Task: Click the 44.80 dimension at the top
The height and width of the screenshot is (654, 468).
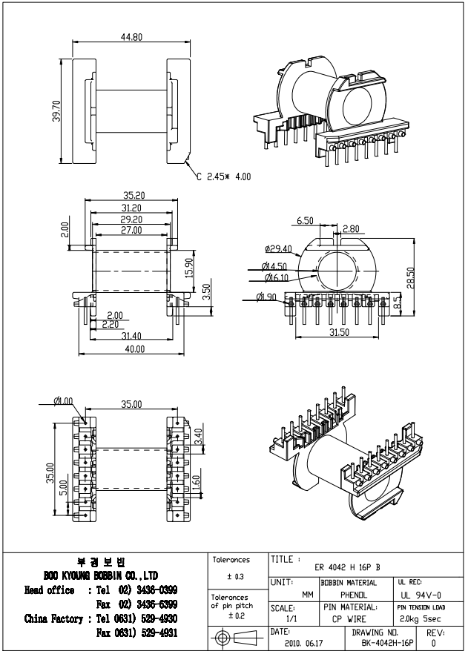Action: coord(131,37)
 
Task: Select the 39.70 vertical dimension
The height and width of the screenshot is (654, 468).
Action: coord(56,110)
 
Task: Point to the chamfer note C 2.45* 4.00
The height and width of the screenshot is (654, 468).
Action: coord(224,176)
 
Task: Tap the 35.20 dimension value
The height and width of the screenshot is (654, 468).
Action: coord(134,195)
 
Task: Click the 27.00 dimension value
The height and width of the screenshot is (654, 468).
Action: coord(131,230)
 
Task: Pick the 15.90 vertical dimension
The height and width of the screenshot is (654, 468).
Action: coord(189,268)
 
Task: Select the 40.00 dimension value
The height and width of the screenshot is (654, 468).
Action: coord(134,349)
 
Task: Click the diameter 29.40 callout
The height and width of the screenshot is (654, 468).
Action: coord(278,249)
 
